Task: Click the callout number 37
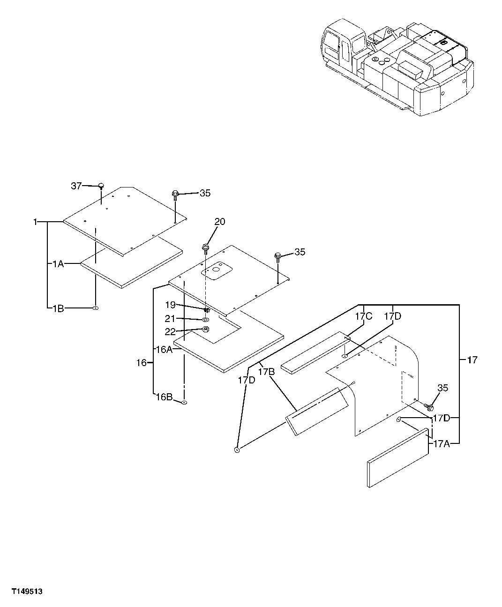point(76,186)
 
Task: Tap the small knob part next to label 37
point(100,187)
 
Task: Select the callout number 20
point(220,222)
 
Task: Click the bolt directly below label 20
point(205,247)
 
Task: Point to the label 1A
point(57,264)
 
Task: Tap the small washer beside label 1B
point(95,308)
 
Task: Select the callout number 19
point(170,305)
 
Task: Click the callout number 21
point(170,319)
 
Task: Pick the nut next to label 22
point(206,330)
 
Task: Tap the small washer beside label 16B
point(184,402)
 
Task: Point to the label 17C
point(363,316)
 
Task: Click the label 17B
point(265,372)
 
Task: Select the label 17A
point(441,443)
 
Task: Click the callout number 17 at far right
point(472,360)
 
